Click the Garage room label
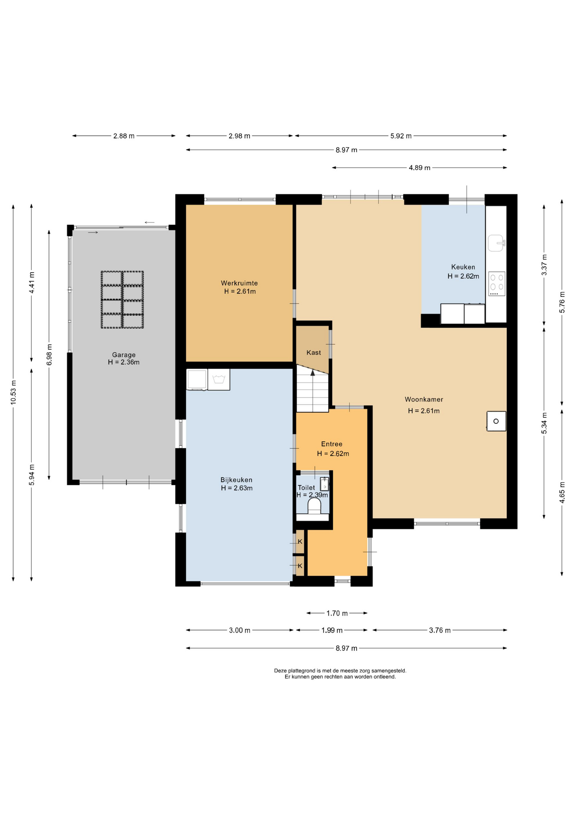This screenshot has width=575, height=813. pyautogui.click(x=124, y=355)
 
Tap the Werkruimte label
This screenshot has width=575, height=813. pyautogui.click(x=239, y=283)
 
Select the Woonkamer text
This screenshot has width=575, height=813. pyautogui.click(x=424, y=399)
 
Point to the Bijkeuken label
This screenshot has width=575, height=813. pyautogui.click(x=236, y=480)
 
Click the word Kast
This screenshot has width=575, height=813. pyautogui.click(x=314, y=352)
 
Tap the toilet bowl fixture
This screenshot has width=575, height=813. pyautogui.click(x=314, y=506)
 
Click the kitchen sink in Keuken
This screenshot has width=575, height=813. pyautogui.click(x=496, y=243)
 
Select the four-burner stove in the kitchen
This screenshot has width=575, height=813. pyautogui.click(x=497, y=284)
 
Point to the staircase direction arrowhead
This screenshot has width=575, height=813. pyautogui.click(x=312, y=373)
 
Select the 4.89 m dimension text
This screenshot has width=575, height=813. pyautogui.click(x=419, y=168)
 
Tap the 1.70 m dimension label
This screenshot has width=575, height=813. pyautogui.click(x=337, y=613)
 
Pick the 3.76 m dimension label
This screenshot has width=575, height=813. pyautogui.click(x=440, y=630)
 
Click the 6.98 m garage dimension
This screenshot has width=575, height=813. pyautogui.click(x=49, y=355)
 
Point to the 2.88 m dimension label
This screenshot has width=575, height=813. pyautogui.click(x=124, y=136)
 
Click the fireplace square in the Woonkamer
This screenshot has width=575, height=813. pyautogui.click(x=496, y=421)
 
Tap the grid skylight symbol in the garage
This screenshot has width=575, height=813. pyautogui.click(x=122, y=299)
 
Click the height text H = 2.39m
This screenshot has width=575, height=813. pyautogui.click(x=312, y=495)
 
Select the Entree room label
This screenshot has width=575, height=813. pyautogui.click(x=332, y=444)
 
